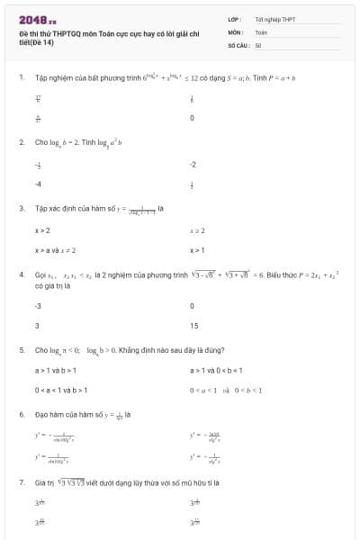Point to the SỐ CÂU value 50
click(x=258, y=44)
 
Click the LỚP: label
click(x=236, y=19)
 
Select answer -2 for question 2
click(x=193, y=165)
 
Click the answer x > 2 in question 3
click(x=42, y=230)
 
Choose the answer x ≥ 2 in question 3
click(x=198, y=230)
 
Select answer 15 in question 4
click(x=194, y=326)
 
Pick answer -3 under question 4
click(x=38, y=306)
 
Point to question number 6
click(x=21, y=415)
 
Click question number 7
click(x=21, y=482)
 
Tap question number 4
click(x=21, y=274)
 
